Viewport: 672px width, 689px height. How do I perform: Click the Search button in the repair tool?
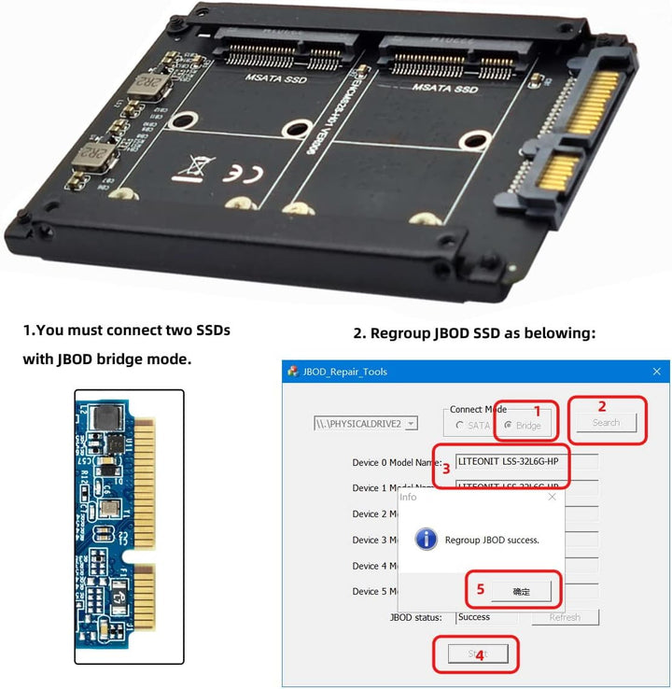point(606,423)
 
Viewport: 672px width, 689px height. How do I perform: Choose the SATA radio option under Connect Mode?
point(459,426)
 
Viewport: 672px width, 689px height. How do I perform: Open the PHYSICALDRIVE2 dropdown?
point(411,423)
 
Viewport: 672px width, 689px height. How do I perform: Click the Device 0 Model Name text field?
point(526,461)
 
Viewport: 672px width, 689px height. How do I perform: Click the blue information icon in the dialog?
point(426,540)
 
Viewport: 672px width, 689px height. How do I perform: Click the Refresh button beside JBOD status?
point(565,617)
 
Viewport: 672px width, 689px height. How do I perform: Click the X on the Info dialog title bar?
point(551,498)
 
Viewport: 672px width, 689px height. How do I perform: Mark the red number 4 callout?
point(480,655)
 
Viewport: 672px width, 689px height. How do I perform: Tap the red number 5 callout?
point(481,589)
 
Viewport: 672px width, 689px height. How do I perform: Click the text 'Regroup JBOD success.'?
point(492,540)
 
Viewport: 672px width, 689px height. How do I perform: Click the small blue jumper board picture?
point(129,527)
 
